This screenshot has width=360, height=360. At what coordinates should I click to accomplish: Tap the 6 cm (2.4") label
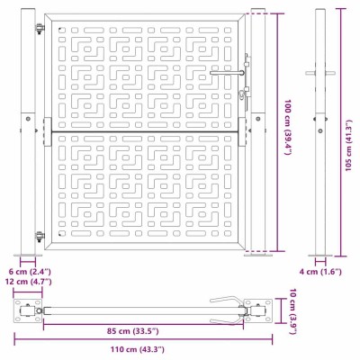point(30,272)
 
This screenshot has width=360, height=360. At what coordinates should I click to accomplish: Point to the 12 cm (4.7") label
point(30,282)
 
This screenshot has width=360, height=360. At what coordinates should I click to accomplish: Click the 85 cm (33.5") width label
point(133,331)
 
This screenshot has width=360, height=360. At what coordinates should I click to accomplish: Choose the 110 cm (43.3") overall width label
point(138,349)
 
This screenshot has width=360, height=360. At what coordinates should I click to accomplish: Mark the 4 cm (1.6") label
point(320,272)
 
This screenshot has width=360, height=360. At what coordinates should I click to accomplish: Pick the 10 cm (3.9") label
point(293,311)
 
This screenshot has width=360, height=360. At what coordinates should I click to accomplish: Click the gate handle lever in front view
point(227,73)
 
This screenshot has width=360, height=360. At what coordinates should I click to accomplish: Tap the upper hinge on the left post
point(40,28)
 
